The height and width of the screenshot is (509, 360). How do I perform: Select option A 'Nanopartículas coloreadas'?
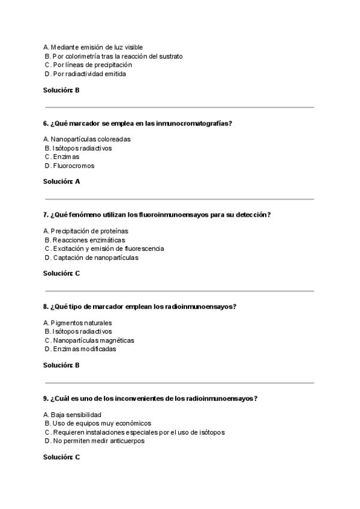[87, 139]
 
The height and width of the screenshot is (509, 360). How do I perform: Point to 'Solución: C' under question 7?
[62, 273]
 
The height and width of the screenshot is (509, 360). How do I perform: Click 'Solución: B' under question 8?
[62, 365]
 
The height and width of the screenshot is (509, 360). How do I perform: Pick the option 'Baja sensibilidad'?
[72, 415]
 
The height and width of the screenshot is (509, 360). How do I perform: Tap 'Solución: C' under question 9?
[62, 457]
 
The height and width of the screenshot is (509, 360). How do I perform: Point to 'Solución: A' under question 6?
[62, 181]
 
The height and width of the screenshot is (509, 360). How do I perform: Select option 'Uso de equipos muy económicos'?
[97, 423]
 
